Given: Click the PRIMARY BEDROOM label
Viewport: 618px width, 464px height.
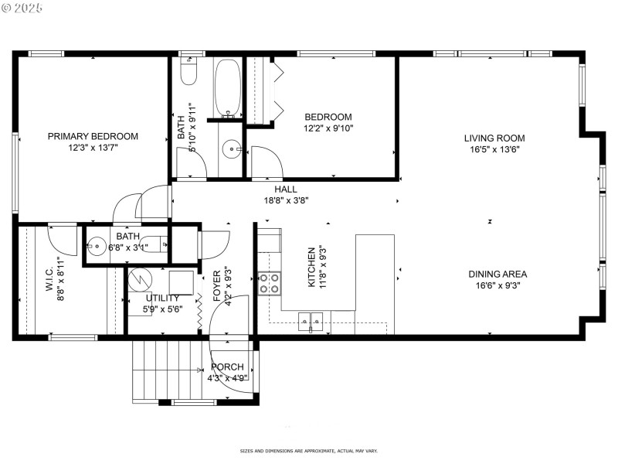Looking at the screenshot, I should click(x=93, y=136).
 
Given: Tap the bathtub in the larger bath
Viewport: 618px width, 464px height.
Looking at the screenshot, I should click(x=228, y=87).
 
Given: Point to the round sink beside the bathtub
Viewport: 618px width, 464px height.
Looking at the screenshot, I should click(x=231, y=148).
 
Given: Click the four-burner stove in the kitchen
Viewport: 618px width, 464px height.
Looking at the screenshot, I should click(x=270, y=283).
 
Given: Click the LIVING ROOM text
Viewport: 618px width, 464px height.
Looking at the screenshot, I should click(x=491, y=138).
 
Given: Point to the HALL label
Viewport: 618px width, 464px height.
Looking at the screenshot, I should click(x=285, y=189).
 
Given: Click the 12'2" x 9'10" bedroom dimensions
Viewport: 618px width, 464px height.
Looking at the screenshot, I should click(x=328, y=129).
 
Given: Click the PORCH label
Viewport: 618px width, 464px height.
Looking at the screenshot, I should click(x=226, y=367).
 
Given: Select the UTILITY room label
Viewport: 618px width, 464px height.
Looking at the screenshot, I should click(x=162, y=298).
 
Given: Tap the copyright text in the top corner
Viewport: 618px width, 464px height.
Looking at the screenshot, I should click(x=23, y=8).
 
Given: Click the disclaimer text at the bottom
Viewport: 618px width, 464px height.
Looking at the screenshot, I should click(x=308, y=451).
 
